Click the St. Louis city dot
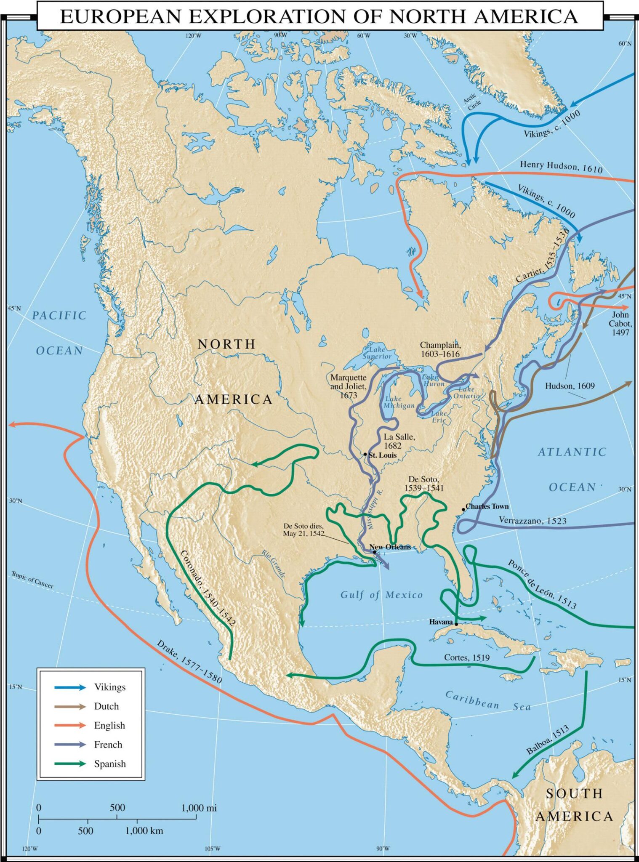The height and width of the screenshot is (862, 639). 365,455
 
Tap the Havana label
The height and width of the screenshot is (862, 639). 441,622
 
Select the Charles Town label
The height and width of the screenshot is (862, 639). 487,506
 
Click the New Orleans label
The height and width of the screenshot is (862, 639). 390,547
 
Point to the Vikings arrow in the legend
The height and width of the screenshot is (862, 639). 70,687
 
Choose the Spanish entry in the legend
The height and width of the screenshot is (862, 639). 109,764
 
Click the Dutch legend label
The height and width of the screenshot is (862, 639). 106,706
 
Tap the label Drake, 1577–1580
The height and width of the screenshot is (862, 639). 189,662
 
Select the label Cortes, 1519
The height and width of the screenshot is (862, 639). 467,657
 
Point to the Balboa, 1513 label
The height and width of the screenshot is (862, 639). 548,740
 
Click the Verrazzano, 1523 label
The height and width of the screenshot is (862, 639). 532,521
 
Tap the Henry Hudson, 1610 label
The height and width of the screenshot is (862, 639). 561,167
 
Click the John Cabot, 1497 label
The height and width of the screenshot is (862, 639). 620,323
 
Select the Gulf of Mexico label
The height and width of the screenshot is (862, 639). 381,595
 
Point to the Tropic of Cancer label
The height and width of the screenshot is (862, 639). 32,580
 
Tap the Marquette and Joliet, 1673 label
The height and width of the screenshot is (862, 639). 348,386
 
